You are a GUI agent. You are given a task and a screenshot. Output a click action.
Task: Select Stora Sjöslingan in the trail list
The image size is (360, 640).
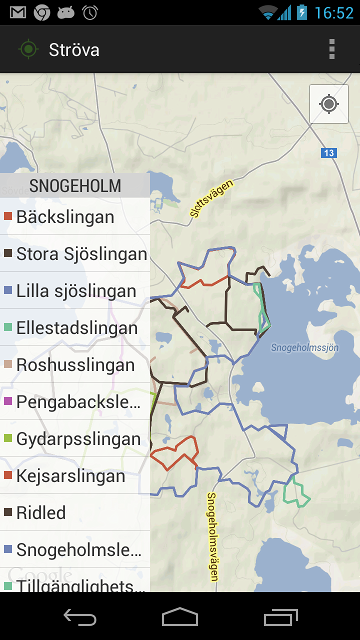75,254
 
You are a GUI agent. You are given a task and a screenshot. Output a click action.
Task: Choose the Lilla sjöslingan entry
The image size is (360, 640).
75,291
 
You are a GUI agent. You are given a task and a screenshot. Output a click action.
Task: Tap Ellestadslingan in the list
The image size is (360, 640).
75,328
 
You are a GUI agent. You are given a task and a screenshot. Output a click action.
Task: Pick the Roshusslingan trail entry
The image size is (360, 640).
75,365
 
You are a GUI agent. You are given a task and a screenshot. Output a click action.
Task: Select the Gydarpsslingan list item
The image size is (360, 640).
75,439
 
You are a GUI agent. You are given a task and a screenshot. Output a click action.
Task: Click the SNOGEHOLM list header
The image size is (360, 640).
75,186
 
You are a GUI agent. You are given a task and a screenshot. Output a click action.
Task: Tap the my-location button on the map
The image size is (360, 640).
328,104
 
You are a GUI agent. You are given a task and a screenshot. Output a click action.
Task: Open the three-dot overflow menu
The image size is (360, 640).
332,50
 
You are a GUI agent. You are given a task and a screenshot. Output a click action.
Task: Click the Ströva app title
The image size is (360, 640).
74,50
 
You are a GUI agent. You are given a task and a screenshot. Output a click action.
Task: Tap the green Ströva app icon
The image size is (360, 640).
27,50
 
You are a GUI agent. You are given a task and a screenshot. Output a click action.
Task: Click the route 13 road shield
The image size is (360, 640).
329,153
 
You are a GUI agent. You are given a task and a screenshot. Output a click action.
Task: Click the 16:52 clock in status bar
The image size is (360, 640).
333,13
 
